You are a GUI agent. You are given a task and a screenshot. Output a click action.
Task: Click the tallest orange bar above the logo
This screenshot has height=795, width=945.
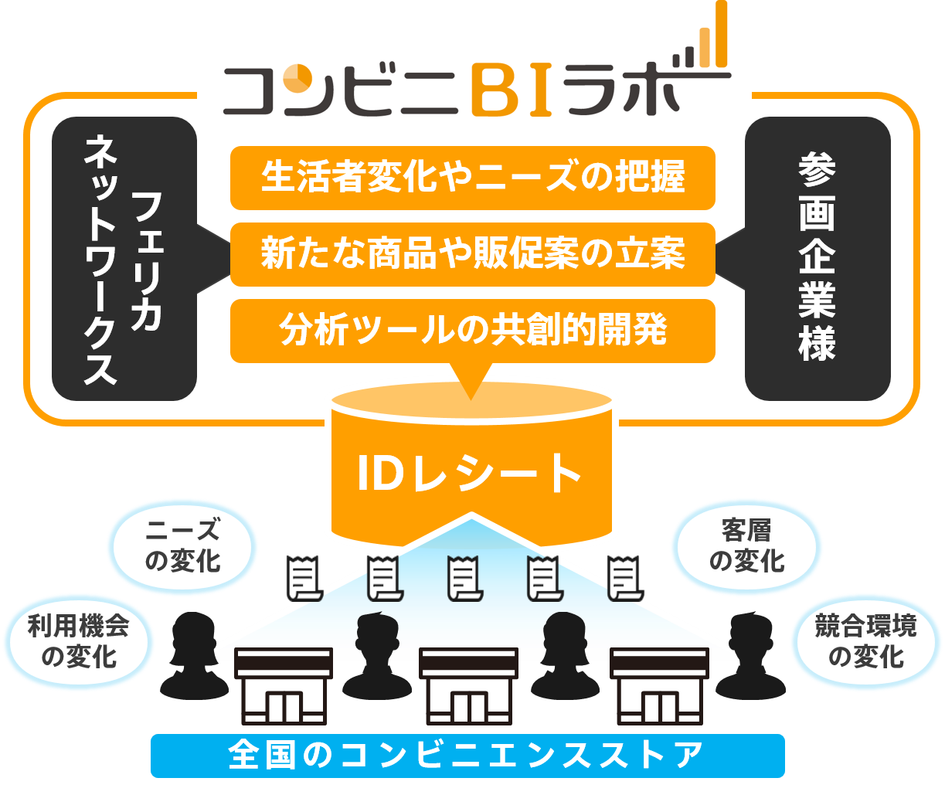720,34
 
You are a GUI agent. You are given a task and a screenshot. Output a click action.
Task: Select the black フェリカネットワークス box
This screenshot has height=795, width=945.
124,259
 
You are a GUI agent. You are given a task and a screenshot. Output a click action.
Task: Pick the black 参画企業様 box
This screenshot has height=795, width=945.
817,259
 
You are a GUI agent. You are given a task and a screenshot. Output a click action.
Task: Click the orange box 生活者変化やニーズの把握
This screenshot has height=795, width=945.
472,177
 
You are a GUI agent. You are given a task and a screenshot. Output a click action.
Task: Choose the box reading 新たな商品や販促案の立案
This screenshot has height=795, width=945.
472,254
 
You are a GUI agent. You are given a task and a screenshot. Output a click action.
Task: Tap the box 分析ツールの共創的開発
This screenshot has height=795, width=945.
472,331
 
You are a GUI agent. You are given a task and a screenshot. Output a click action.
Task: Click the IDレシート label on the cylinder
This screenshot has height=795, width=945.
470,473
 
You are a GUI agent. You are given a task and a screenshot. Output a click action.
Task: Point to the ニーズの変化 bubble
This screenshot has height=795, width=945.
183,546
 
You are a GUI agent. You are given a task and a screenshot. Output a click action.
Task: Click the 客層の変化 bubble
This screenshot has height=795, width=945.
746,546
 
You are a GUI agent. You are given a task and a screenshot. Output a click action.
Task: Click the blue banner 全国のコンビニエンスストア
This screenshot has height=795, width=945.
467,755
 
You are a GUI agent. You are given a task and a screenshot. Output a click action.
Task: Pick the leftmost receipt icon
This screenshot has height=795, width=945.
304,578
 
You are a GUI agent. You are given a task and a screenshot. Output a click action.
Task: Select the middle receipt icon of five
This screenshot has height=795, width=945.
465,578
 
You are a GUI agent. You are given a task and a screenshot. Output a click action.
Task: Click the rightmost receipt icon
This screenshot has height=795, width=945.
625,578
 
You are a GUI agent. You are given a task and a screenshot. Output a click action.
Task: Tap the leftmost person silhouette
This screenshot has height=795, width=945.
193,655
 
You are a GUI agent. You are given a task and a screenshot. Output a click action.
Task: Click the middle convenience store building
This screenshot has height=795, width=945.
467,685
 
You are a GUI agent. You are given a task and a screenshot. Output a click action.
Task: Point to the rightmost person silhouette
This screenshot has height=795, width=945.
750,655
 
